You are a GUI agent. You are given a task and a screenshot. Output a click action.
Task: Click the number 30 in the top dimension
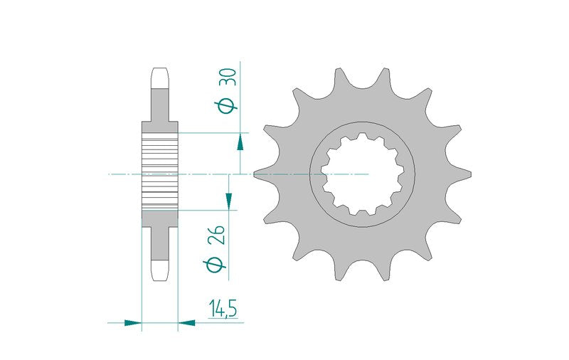coord(228,77)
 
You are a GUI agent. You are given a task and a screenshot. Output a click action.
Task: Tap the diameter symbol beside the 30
coord(226,105)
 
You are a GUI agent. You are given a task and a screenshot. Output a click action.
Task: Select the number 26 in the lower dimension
coord(216,235)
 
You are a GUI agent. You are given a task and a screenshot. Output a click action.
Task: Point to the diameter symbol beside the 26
coord(215,265)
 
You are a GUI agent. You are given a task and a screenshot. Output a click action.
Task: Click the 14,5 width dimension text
coord(223,309)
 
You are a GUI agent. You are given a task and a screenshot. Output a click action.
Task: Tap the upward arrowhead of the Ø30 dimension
coord(240,142)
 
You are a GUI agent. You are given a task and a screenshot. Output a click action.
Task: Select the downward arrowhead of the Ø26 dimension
coord(228,201)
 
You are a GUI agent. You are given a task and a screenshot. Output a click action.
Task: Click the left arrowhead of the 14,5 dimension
coord(133,322)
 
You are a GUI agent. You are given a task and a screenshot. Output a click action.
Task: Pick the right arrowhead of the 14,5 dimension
coord(186,322)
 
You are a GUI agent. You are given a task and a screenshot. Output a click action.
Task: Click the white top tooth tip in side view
coord(159,78)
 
